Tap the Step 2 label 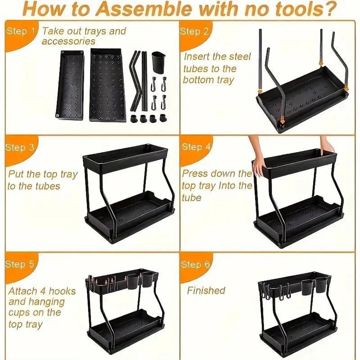click(x=194, y=31)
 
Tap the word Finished click(x=206, y=290)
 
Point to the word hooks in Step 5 click(x=63, y=291)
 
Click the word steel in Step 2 click(x=240, y=57)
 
